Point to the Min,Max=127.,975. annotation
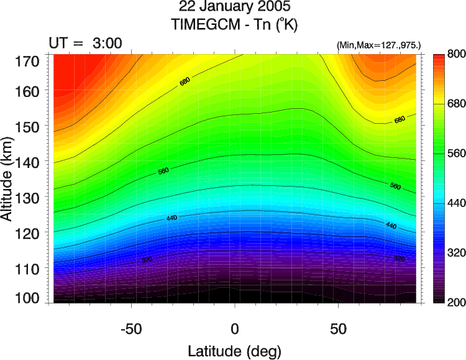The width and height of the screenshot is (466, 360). (x=379, y=45)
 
